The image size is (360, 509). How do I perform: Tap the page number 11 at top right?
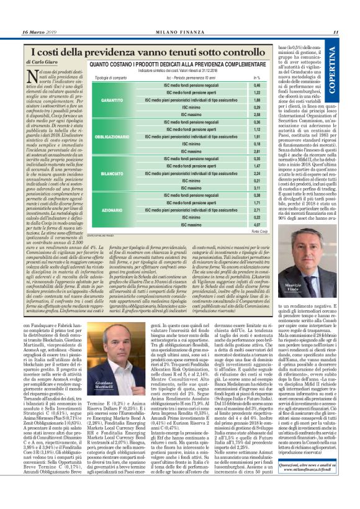336,32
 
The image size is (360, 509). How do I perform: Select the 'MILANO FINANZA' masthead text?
179,32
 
